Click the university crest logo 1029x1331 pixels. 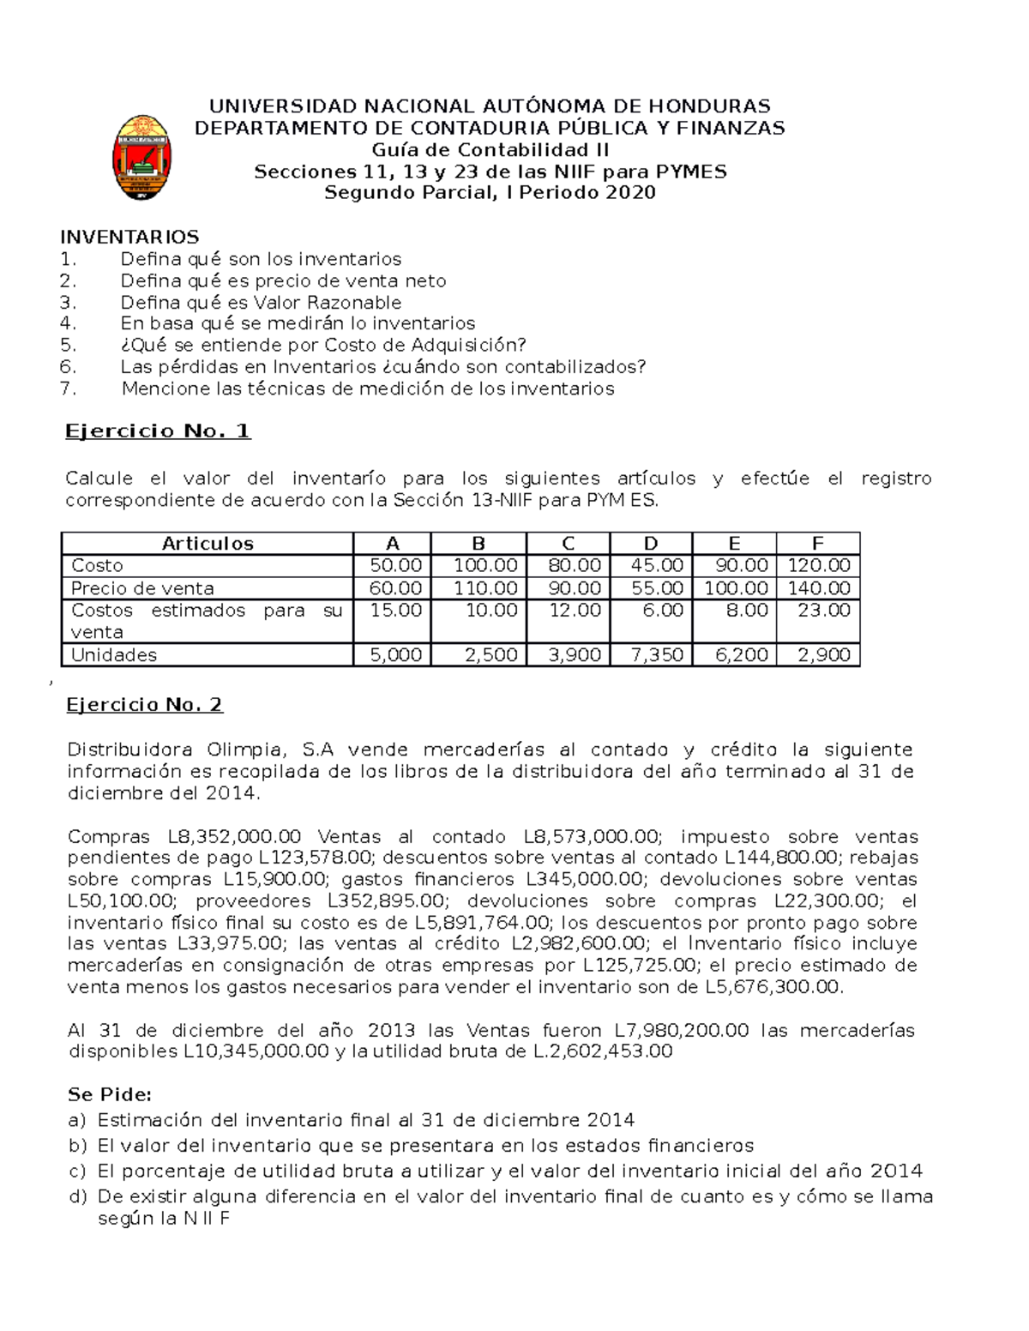(x=141, y=158)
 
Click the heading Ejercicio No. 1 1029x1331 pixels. (x=158, y=431)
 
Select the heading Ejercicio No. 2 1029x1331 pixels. (x=144, y=705)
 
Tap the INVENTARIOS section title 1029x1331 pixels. (x=129, y=237)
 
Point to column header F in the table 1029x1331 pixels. (x=817, y=544)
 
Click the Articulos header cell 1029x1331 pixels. (x=208, y=544)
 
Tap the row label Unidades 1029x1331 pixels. (x=114, y=655)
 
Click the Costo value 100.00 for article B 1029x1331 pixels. (x=485, y=566)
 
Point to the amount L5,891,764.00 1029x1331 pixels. (x=483, y=923)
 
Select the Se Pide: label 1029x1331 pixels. (x=110, y=1094)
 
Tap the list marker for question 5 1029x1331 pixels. (x=69, y=345)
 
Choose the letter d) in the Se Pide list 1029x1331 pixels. (x=77, y=1196)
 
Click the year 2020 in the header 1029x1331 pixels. (x=630, y=193)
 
